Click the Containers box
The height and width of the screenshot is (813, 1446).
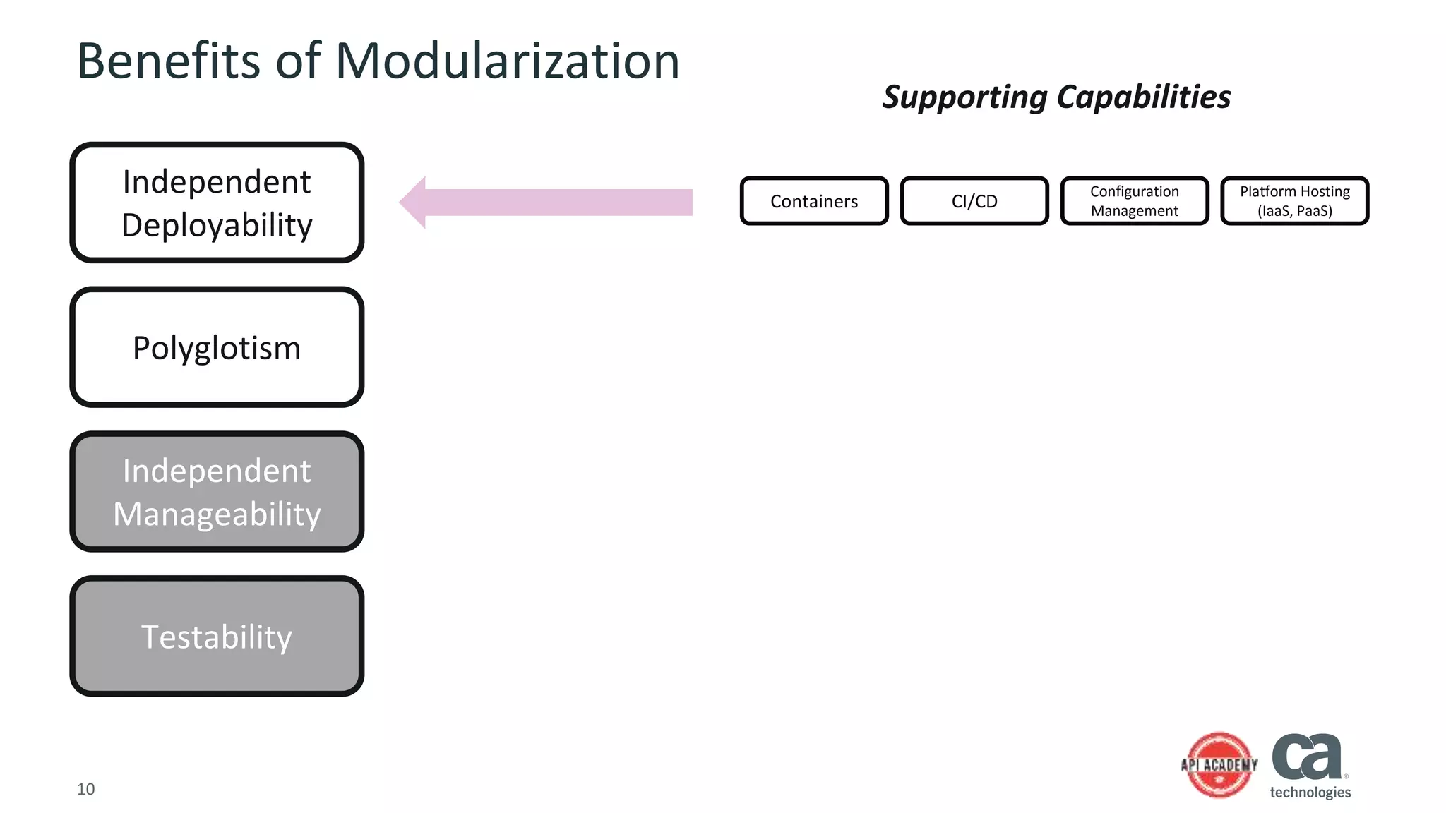pyautogui.click(x=813, y=201)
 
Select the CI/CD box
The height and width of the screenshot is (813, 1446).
pyautogui.click(x=974, y=201)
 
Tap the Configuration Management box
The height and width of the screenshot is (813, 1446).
pyautogui.click(x=1134, y=201)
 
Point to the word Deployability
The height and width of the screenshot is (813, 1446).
pyautogui.click(x=217, y=226)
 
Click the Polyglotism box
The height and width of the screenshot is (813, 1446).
pyautogui.click(x=217, y=347)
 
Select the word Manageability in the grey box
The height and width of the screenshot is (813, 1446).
pyautogui.click(x=217, y=514)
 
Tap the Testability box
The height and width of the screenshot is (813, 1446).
pyautogui.click(x=217, y=637)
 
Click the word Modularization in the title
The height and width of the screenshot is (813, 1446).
pyautogui.click(x=507, y=61)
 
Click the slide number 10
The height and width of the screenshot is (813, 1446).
pyautogui.click(x=85, y=789)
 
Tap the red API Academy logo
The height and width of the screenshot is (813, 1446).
pyautogui.click(x=1219, y=765)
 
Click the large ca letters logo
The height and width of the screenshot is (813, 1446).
pyautogui.click(x=1306, y=757)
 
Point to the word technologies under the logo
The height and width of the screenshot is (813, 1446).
pyautogui.click(x=1310, y=793)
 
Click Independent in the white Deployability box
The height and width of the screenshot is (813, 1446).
pyautogui.click(x=217, y=182)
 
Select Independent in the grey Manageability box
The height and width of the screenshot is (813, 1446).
pyautogui.click(x=217, y=471)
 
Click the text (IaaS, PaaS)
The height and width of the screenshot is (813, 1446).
pyautogui.click(x=1294, y=211)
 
